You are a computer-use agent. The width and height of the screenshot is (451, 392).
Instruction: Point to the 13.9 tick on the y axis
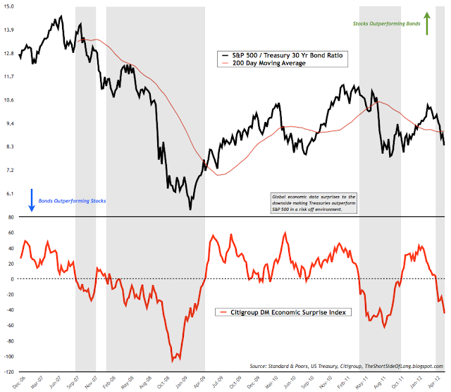coord(10,30)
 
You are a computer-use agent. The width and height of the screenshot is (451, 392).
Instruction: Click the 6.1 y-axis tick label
coord(10,193)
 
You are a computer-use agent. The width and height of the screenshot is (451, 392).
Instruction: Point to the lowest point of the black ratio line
coord(190,209)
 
